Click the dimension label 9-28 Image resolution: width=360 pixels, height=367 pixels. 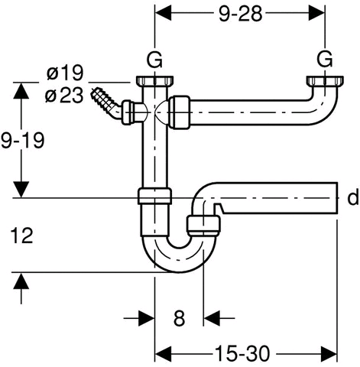240,14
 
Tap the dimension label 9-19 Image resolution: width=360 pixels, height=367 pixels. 22,140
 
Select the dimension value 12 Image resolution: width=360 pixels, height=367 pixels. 22,235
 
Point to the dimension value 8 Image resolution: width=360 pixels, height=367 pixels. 179,318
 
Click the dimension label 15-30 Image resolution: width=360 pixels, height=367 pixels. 242,354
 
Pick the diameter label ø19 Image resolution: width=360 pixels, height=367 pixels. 65,73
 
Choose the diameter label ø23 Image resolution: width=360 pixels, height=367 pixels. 64,96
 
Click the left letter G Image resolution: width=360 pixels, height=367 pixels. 154,60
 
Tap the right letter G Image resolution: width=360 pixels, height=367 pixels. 325,60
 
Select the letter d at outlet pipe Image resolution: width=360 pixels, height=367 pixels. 353,197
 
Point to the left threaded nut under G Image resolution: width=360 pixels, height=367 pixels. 154,81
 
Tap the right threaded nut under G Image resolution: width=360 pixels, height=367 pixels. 324,81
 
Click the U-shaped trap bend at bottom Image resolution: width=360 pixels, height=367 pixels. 178,265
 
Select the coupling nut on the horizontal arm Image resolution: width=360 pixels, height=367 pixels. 180,112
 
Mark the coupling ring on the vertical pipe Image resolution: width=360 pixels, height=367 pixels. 154,196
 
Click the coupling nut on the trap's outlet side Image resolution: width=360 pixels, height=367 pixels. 203,226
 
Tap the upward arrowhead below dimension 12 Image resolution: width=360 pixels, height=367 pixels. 21,281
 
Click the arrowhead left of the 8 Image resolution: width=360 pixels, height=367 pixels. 147,318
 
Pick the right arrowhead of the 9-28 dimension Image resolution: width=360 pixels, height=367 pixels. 316,14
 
